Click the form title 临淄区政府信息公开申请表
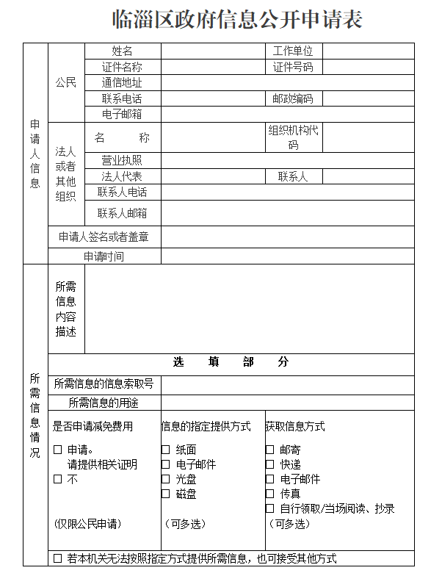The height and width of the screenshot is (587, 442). click(237, 20)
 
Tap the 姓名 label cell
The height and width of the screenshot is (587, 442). click(123, 51)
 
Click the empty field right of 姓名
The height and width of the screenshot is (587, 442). click(212, 51)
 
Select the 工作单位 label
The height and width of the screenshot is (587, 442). click(293, 51)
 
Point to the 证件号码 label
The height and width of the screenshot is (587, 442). click(293, 67)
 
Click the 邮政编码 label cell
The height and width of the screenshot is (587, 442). click(293, 98)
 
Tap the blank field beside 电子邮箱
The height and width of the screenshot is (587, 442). click(287, 114)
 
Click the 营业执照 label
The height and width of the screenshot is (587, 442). click(123, 160)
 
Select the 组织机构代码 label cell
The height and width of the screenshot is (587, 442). click(293, 137)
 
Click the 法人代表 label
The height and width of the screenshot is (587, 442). click(123, 176)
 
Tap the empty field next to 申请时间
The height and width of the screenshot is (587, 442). click(287, 256)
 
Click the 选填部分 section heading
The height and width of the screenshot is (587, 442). click(231, 362)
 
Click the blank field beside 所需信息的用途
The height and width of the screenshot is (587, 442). click(287, 403)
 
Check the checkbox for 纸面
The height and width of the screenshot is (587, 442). click(166, 450)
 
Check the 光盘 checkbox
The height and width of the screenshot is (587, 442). click(166, 479)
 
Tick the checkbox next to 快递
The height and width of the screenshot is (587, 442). click(270, 464)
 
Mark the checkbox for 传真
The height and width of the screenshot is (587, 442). click(270, 494)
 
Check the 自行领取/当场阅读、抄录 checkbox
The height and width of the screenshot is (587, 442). click(270, 508)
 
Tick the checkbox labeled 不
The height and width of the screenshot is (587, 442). click(58, 479)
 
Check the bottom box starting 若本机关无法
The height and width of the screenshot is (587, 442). click(58, 558)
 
